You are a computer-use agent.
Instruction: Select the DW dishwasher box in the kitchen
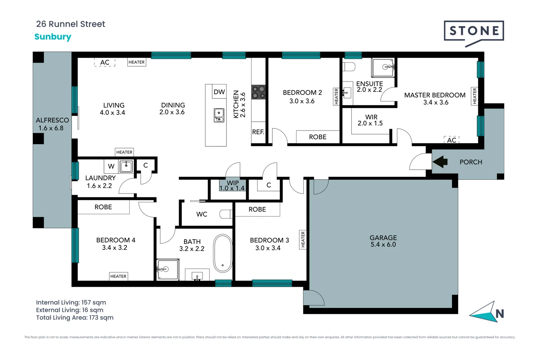(x=219, y=92)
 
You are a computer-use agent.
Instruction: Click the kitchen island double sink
(x=219, y=115)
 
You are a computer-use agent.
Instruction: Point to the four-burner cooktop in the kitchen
(x=258, y=92)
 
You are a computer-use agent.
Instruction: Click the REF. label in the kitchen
(x=258, y=132)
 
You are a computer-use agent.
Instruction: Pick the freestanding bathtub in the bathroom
(x=223, y=254)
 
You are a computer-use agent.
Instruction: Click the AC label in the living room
(x=105, y=62)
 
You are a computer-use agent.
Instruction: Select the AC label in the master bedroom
(x=452, y=140)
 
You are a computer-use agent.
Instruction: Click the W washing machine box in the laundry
(x=111, y=166)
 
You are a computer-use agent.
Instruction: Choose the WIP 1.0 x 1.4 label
(x=232, y=186)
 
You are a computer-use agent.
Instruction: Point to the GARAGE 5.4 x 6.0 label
(x=383, y=241)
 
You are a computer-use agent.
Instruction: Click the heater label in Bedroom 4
(x=118, y=276)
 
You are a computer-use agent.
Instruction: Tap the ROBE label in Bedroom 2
(x=317, y=137)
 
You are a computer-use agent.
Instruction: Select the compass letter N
(x=499, y=314)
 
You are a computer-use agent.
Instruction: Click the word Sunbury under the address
(x=53, y=37)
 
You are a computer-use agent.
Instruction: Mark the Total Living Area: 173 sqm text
(x=75, y=318)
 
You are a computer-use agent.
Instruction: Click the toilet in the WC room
(x=226, y=214)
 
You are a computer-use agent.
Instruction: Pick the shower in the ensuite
(x=383, y=67)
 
